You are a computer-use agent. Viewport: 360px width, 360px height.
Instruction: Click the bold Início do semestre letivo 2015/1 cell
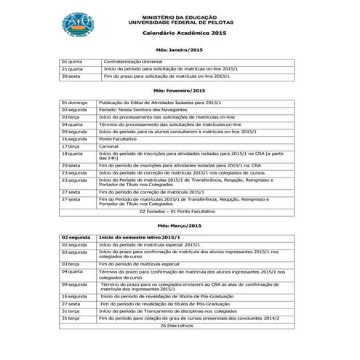139,238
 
